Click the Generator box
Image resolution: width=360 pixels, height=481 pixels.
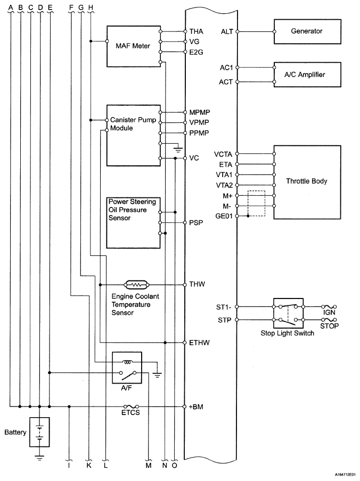[307, 31]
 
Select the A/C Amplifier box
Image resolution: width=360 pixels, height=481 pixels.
[307, 75]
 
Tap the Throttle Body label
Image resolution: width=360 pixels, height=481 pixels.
[307, 181]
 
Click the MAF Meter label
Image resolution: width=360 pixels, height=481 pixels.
[133, 46]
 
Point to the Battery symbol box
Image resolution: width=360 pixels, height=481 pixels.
[39, 432]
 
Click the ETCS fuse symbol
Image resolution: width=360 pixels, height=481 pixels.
[131, 407]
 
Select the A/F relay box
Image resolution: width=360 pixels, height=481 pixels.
[127, 368]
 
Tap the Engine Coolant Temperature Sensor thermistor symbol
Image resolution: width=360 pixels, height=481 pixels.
[136, 285]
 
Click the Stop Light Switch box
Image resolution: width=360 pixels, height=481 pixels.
[288, 313]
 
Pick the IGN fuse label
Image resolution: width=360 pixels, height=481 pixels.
[329, 312]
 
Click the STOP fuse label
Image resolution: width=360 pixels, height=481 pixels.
[329, 326]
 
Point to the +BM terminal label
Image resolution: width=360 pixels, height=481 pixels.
[196, 407]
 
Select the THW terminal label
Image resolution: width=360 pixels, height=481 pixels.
[197, 284]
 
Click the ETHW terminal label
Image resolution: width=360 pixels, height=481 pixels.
[199, 343]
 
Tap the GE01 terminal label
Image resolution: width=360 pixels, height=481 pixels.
[224, 216]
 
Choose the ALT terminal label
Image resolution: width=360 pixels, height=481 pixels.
[227, 31]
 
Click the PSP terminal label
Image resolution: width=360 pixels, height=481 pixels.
[196, 223]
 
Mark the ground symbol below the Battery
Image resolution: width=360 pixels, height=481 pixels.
[39, 458]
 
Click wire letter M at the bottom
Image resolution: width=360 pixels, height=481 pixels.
[149, 466]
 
